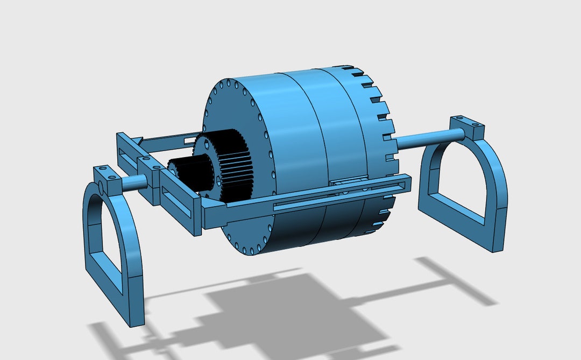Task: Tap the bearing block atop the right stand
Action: pyautogui.click(x=467, y=125)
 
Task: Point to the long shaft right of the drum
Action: pyautogui.click(x=425, y=139)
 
